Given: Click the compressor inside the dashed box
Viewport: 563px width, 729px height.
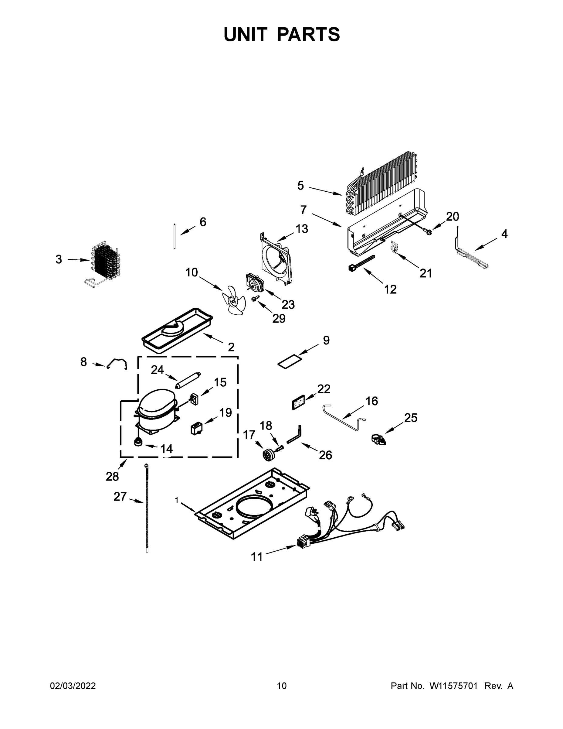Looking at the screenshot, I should click(x=155, y=411).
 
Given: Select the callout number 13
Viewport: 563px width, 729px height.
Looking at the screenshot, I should click(x=302, y=229).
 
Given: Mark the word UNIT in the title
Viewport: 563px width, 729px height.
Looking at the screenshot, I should click(x=246, y=34).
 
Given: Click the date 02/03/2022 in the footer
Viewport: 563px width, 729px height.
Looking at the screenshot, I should click(x=73, y=686).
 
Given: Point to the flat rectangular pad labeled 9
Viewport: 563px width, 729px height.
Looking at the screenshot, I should click(x=290, y=362).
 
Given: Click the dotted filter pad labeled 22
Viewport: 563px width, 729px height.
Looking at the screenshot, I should click(x=298, y=402).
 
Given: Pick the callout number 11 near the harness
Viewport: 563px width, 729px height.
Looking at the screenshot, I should click(x=256, y=557).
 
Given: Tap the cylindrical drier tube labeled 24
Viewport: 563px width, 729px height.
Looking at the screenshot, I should click(x=188, y=381).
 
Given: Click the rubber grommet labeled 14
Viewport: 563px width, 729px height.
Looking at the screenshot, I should click(x=137, y=443).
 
